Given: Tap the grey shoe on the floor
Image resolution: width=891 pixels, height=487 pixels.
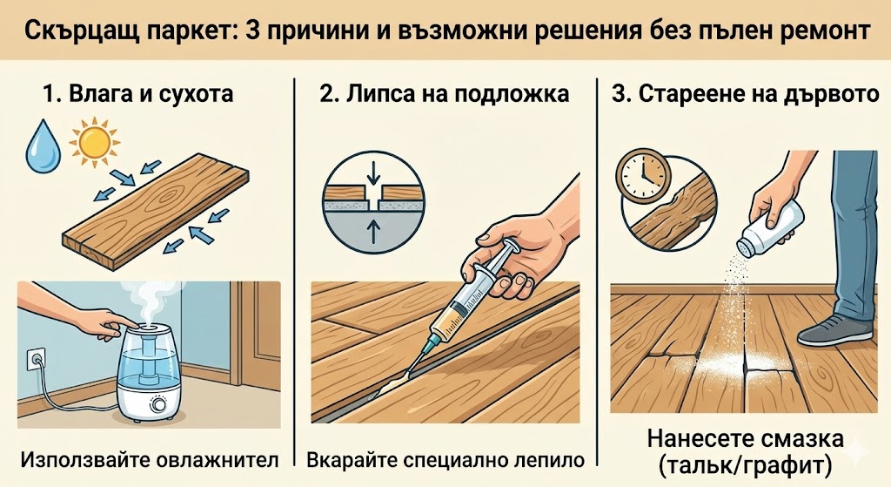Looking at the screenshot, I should (835, 330).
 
